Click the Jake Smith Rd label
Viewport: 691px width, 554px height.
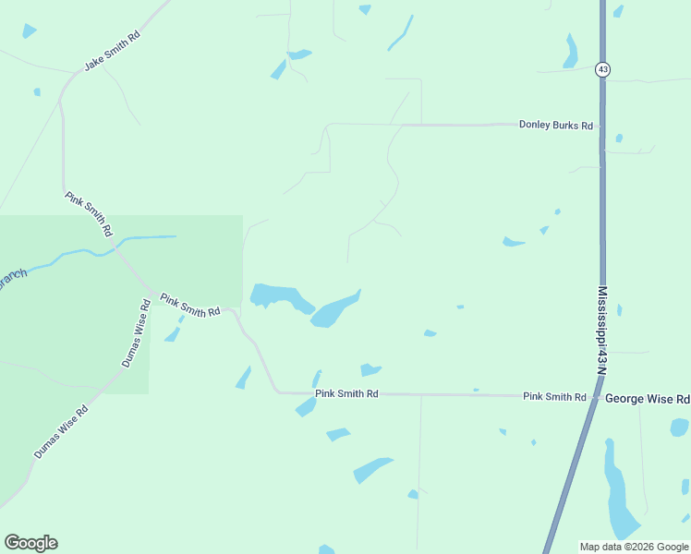coord(112,51)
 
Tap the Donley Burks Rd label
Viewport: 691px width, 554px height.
coord(555,125)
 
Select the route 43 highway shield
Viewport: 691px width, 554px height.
coord(602,69)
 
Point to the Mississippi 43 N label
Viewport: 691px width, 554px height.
coord(601,330)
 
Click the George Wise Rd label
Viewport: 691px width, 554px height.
coord(647,399)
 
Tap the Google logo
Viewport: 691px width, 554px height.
coord(30,543)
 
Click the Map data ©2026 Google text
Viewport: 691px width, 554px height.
coord(635,547)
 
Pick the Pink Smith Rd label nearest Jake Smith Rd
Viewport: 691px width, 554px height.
coord(88,213)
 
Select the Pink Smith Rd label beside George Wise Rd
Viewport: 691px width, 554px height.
coord(554,397)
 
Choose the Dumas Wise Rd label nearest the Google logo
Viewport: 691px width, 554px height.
coord(61,432)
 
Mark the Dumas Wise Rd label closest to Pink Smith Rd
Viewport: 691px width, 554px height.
coord(135,333)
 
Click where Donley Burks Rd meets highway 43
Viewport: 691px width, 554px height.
coord(602,126)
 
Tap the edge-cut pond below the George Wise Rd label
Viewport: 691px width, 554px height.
coord(680,427)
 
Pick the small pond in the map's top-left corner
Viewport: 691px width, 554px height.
coord(30,30)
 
